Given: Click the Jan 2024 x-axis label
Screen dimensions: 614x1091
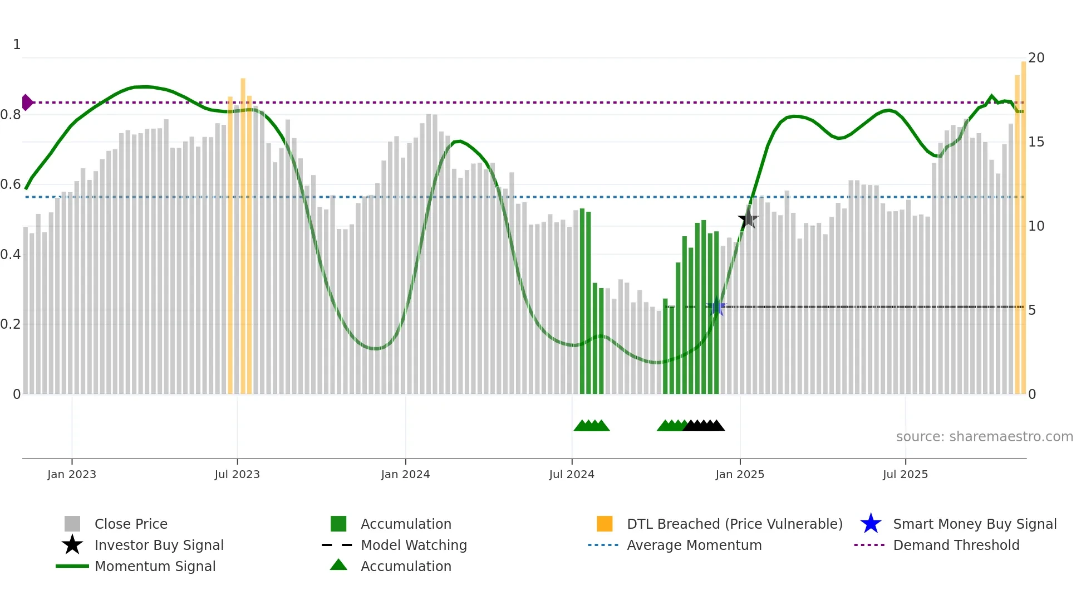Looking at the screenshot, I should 405,474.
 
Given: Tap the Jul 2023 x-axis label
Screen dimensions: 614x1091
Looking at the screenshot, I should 237,474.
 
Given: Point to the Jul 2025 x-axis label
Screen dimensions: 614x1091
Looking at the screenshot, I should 905,474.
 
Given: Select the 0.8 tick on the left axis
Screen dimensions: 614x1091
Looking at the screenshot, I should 11,115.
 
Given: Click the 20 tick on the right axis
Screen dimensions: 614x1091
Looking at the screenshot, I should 1036,58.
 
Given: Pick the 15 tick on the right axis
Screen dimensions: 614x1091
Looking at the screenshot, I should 1036,142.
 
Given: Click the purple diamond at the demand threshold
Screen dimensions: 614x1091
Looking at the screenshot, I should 27,103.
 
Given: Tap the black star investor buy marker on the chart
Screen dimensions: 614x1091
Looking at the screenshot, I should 748,219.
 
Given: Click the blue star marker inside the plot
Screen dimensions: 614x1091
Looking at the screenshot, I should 717,307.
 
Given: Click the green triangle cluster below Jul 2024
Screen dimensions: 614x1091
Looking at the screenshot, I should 592,426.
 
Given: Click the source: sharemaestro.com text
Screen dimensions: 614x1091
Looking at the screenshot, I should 984,437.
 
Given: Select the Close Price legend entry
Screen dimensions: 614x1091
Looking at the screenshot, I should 131,524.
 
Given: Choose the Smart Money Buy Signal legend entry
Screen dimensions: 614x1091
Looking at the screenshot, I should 974,524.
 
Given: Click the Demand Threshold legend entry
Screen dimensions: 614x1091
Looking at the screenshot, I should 956,545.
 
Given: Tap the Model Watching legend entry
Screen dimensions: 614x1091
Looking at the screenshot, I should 413,545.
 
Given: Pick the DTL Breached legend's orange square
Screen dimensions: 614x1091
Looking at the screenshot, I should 605,524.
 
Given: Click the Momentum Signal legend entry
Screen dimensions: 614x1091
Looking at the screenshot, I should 155,566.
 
